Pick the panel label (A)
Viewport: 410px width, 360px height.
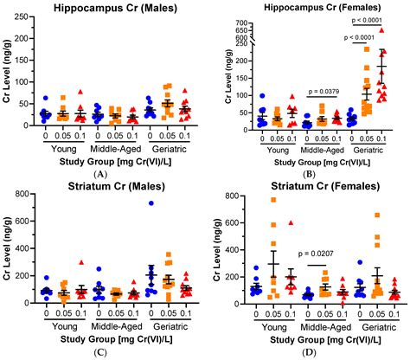click(x=103, y=174)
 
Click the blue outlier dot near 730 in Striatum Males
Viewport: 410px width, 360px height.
click(x=152, y=203)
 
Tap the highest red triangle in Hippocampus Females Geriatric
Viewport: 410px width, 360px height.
click(x=381, y=30)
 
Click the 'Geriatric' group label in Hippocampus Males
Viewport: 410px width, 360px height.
click(x=165, y=145)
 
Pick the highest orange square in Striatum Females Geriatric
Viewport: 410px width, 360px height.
click(x=377, y=215)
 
